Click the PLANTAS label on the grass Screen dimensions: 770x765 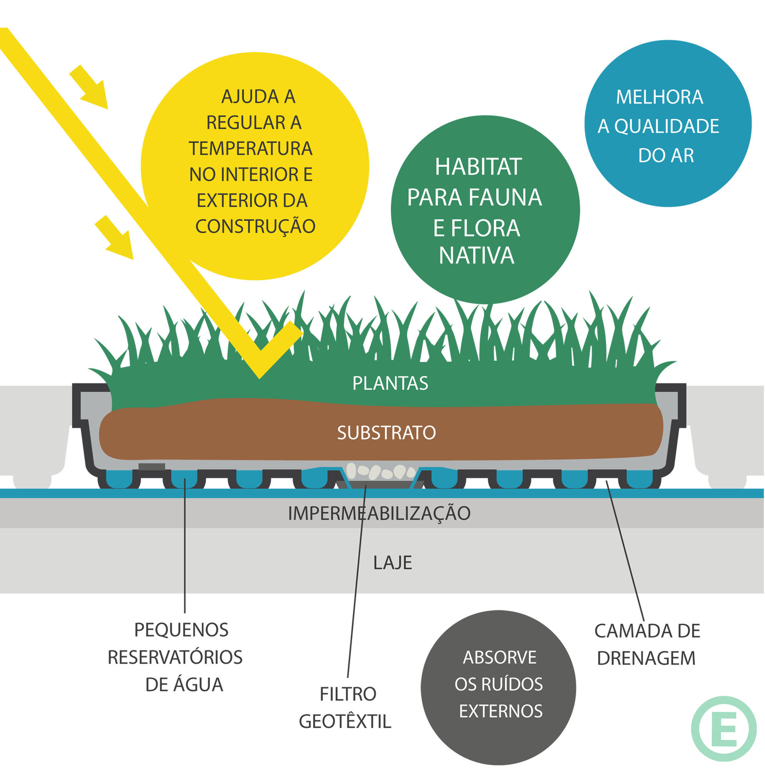click(x=390, y=383)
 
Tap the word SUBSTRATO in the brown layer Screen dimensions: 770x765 click(x=386, y=433)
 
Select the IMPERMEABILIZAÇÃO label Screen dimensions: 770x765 click(x=379, y=513)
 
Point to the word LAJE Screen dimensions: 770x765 click(x=392, y=563)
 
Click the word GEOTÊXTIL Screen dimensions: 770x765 click(x=345, y=721)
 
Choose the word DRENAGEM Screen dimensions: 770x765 click(x=646, y=658)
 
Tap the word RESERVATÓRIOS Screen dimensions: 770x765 click(x=175, y=657)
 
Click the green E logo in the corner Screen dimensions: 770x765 click(x=723, y=729)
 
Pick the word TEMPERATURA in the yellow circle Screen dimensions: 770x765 click(x=251, y=149)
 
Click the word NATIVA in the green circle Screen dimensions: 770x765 click(x=477, y=255)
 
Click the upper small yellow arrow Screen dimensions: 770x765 click(x=91, y=88)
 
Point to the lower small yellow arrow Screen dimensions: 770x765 click(x=116, y=238)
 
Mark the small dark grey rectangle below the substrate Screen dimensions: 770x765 click(x=151, y=467)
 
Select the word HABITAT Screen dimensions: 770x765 click(x=478, y=167)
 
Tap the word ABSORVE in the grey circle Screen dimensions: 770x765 click(x=499, y=657)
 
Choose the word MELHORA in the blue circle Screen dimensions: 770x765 click(x=659, y=97)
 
